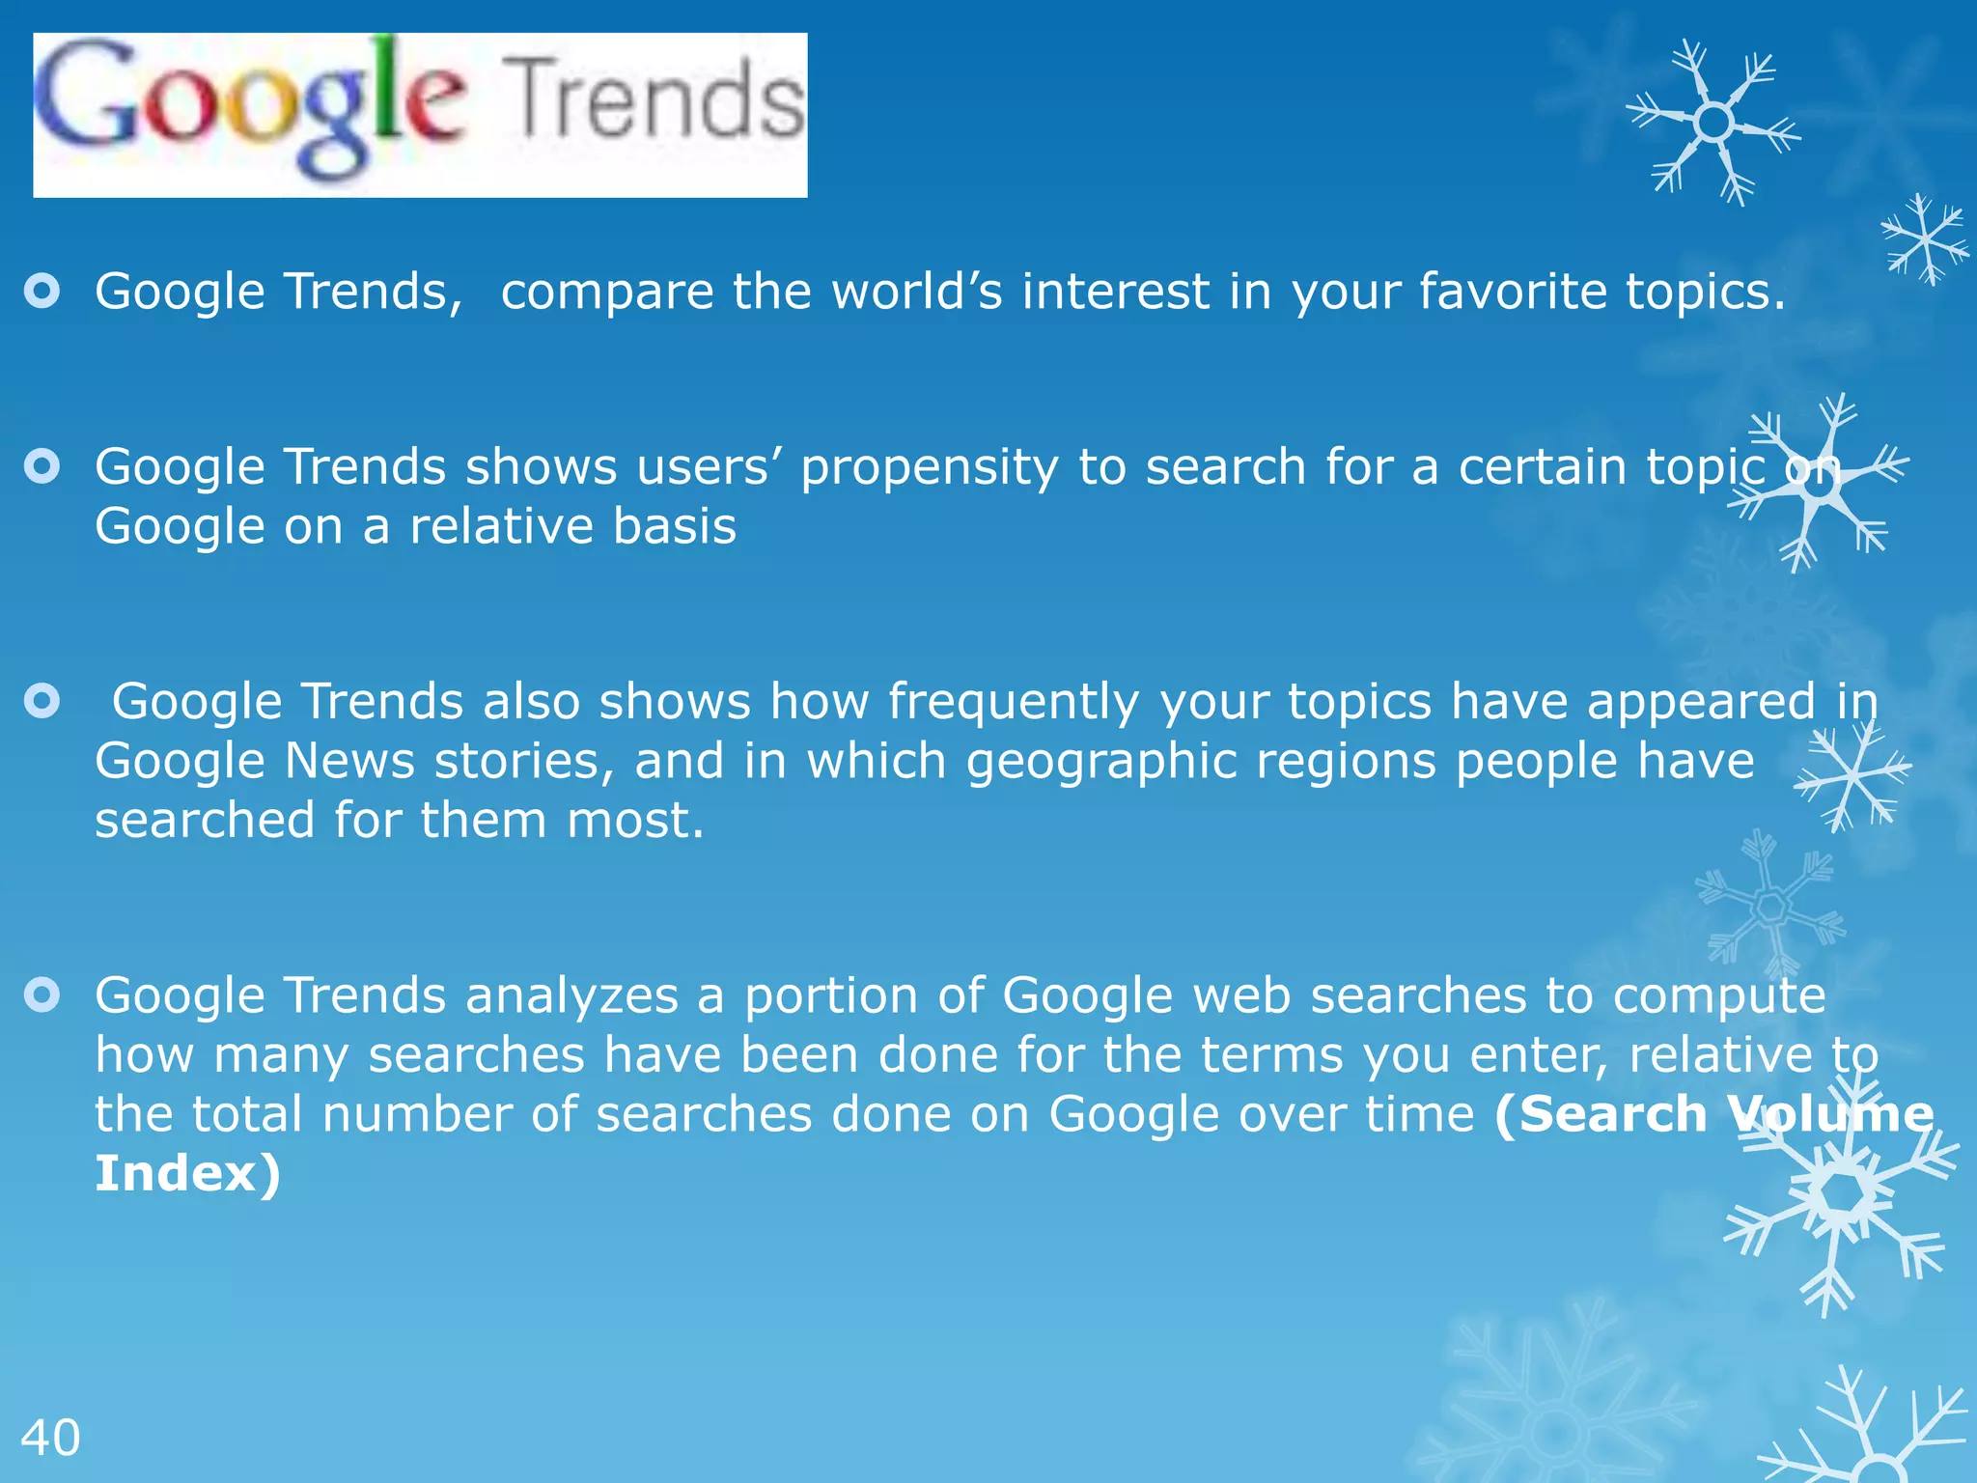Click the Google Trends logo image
click(x=420, y=115)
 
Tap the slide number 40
click(x=50, y=1438)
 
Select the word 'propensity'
click(x=929, y=468)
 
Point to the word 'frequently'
click(x=1014, y=702)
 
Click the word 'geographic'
click(x=1101, y=761)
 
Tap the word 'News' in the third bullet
click(x=349, y=761)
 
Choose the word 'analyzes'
click(x=571, y=995)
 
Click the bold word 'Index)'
click(x=187, y=1173)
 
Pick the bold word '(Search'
click(x=1601, y=1114)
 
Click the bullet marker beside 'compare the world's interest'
click(x=42, y=291)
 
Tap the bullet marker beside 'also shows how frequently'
click(x=42, y=701)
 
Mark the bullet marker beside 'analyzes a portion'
click(x=42, y=994)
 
